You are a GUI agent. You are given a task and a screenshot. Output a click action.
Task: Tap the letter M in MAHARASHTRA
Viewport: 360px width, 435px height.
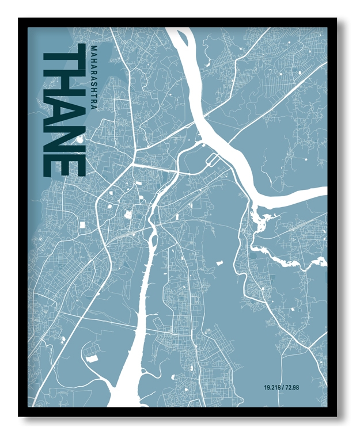pyautogui.click(x=93, y=48)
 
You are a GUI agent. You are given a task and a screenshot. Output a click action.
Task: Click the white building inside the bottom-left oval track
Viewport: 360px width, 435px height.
pyautogui.click(x=92, y=358)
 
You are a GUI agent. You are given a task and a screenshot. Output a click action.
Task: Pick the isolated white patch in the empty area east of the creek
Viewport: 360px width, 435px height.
pyautogui.click(x=219, y=263)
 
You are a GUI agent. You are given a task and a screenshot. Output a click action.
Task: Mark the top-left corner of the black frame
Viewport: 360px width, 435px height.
pyautogui.click(x=20, y=19)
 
